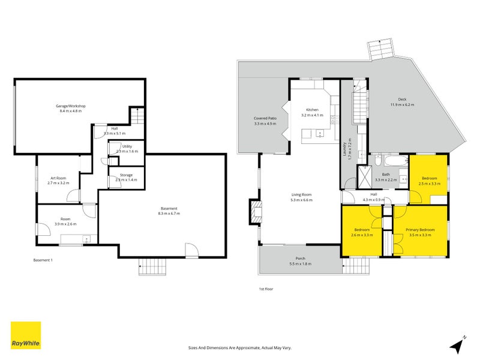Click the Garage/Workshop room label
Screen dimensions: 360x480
pyautogui.click(x=72, y=106)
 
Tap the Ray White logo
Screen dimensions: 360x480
pyautogui.click(x=26, y=335)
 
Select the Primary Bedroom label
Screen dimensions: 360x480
pyautogui.click(x=419, y=230)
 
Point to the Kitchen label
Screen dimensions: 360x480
pyautogui.click(x=312, y=110)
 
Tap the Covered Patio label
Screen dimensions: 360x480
pyautogui.click(x=265, y=119)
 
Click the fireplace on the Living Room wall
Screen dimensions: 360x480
pyautogui.click(x=256, y=213)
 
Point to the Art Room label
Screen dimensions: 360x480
pyautogui.click(x=58, y=178)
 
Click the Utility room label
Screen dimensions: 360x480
pyautogui.click(x=127, y=146)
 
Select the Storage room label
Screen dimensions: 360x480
pyautogui.click(x=126, y=175)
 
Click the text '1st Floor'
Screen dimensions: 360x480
pyautogui.click(x=266, y=289)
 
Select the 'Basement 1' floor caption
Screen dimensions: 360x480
pyautogui.click(x=43, y=260)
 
